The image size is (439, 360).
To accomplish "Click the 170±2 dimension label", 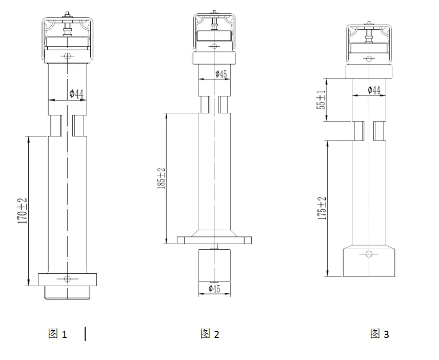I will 23,210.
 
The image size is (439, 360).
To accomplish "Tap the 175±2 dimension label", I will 322,208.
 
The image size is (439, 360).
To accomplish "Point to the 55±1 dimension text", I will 322,100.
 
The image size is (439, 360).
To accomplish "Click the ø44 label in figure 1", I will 76,93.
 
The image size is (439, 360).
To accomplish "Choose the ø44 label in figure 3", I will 374,90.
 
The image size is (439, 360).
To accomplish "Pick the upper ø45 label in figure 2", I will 221,74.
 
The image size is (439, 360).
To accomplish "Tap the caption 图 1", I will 57,334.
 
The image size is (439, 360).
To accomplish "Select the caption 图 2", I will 210,334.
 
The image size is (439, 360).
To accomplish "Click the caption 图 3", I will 380,334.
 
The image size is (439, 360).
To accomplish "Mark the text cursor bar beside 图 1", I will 85,334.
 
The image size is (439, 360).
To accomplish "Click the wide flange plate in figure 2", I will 214,239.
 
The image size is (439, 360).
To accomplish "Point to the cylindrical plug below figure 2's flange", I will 214,265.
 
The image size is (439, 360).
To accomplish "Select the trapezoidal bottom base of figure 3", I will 368,262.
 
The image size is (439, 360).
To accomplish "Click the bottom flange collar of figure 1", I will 67,279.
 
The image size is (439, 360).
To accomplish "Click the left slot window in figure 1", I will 55,125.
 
